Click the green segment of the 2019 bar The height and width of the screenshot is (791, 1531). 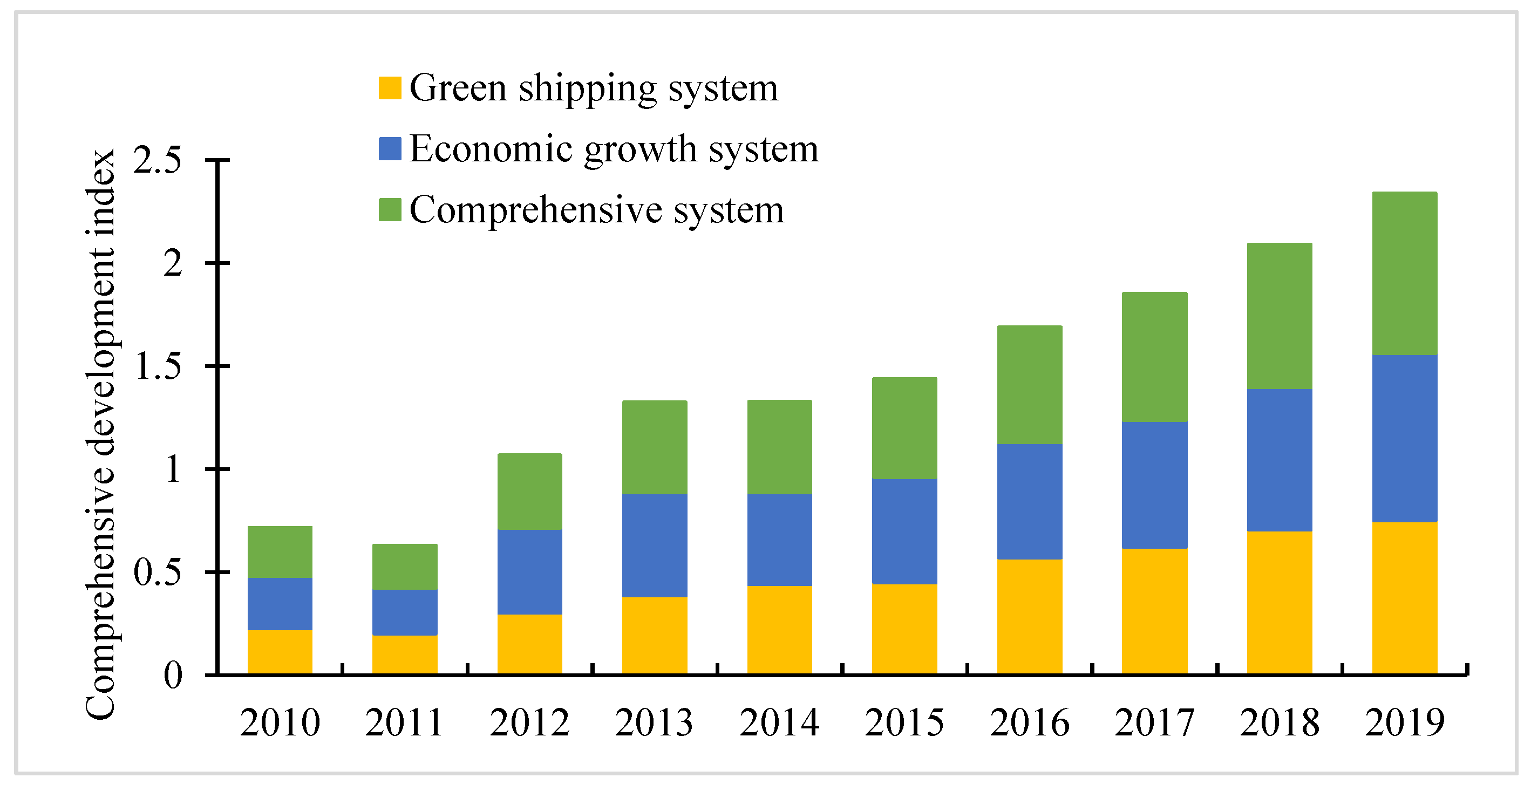pos(1404,274)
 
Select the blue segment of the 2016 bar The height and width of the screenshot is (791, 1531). pos(1029,502)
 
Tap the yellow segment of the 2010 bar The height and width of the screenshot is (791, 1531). pos(280,652)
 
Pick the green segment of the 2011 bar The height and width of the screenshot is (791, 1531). pos(405,567)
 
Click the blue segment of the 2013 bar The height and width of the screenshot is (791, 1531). pos(655,545)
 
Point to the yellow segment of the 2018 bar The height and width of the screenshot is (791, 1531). pos(1279,603)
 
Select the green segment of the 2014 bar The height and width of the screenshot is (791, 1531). pos(779,447)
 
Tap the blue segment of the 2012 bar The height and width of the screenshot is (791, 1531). pos(529,572)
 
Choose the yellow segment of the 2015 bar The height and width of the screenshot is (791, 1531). pos(904,629)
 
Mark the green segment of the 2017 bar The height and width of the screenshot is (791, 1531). pos(1154,357)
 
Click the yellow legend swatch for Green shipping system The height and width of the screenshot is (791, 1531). pos(390,88)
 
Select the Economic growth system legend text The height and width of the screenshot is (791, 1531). pos(614,148)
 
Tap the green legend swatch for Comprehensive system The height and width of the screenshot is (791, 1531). pos(390,210)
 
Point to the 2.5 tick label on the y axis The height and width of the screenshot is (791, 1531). pos(157,160)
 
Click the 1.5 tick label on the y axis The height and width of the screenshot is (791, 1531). pos(158,366)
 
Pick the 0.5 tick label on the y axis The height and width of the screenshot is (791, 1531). pos(157,572)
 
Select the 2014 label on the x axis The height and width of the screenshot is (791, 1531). pos(779,722)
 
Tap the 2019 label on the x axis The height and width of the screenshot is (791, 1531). pos(1404,722)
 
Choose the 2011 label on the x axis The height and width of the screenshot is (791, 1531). pos(405,722)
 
